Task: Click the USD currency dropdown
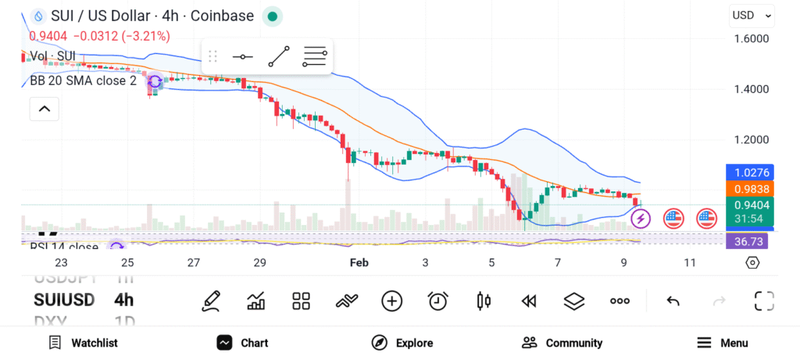pos(752,15)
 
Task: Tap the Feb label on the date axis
pos(359,263)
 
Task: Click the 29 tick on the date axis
pos(260,263)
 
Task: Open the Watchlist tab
pos(83,343)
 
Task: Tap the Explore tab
pos(402,343)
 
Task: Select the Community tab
pos(562,343)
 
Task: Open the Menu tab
pos(722,343)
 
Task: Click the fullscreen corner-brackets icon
pos(763,301)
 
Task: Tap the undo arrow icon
pos(673,301)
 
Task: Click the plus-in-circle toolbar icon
pos(391,301)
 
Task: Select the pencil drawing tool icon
pos(209,301)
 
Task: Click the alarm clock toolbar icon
pos(437,301)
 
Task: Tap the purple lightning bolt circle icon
pos(641,218)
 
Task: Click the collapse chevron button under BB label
pos(44,109)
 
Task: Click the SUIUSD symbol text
pos(64,300)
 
